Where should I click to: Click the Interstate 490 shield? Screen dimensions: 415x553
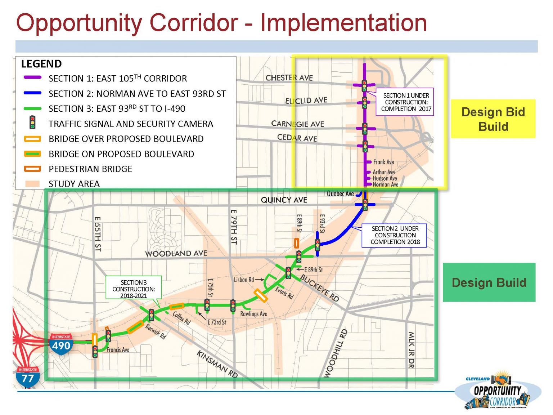[61, 344]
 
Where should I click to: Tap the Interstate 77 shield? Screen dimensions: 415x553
[28, 376]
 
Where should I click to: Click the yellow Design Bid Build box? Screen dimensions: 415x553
[493, 119]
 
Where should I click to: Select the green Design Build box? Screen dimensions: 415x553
[489, 282]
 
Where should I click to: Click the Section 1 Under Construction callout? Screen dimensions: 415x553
[405, 102]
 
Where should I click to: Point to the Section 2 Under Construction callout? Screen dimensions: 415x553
[394, 235]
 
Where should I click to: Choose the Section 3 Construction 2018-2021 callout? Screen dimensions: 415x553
[133, 289]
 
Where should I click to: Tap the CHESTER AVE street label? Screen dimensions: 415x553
[289, 77]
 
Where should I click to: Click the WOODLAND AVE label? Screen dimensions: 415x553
[176, 254]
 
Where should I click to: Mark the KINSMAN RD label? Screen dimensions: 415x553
[217, 364]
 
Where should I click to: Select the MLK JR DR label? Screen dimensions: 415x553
[411, 349]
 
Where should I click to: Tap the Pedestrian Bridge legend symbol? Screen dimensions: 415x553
[32, 169]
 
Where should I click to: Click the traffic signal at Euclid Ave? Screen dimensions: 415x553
[364, 103]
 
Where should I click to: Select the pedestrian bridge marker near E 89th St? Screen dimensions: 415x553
[296, 243]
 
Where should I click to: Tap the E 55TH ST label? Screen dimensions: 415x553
[97, 234]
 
